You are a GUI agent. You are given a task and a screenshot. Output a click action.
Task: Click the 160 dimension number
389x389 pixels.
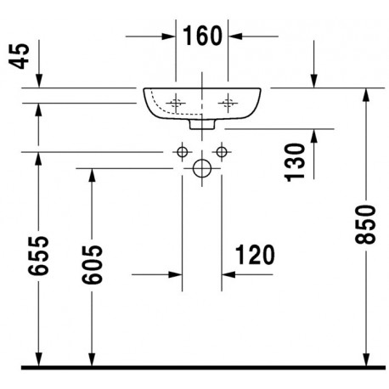tap(202, 36)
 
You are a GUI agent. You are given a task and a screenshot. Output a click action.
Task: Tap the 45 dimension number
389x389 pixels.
tap(20, 56)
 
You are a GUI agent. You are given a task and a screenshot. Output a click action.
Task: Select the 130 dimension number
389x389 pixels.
tap(295, 162)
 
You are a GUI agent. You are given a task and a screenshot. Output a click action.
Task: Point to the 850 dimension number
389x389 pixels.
tap(365, 224)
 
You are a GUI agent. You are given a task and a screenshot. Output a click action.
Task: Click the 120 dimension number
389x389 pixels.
tap(255, 255)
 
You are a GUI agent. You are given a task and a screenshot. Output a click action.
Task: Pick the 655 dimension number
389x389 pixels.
tap(38, 256)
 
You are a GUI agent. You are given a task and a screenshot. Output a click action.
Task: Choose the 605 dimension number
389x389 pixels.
tap(92, 265)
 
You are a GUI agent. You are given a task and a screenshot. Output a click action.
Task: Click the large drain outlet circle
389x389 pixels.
tap(202, 168)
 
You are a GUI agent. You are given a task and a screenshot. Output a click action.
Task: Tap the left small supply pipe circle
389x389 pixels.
tap(182, 152)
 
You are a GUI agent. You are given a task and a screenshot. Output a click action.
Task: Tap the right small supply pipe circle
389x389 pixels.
tap(222, 152)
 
